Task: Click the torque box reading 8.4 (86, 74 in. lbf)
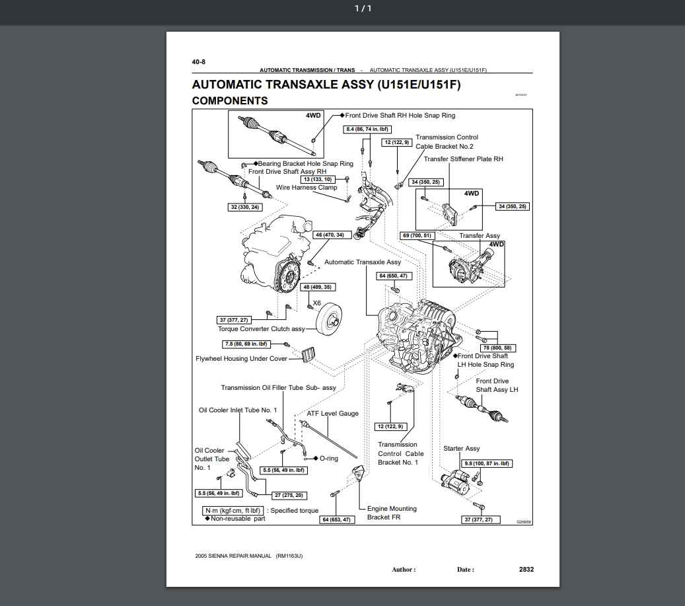point(366,130)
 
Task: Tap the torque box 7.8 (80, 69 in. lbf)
point(246,344)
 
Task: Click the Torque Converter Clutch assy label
point(262,328)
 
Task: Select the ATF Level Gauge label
point(333,414)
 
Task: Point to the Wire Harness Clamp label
point(306,188)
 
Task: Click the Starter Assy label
point(462,449)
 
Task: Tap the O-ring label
point(328,458)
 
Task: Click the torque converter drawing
point(332,322)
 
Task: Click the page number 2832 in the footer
point(526,569)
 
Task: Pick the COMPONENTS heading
point(230,101)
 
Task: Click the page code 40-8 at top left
point(199,61)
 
